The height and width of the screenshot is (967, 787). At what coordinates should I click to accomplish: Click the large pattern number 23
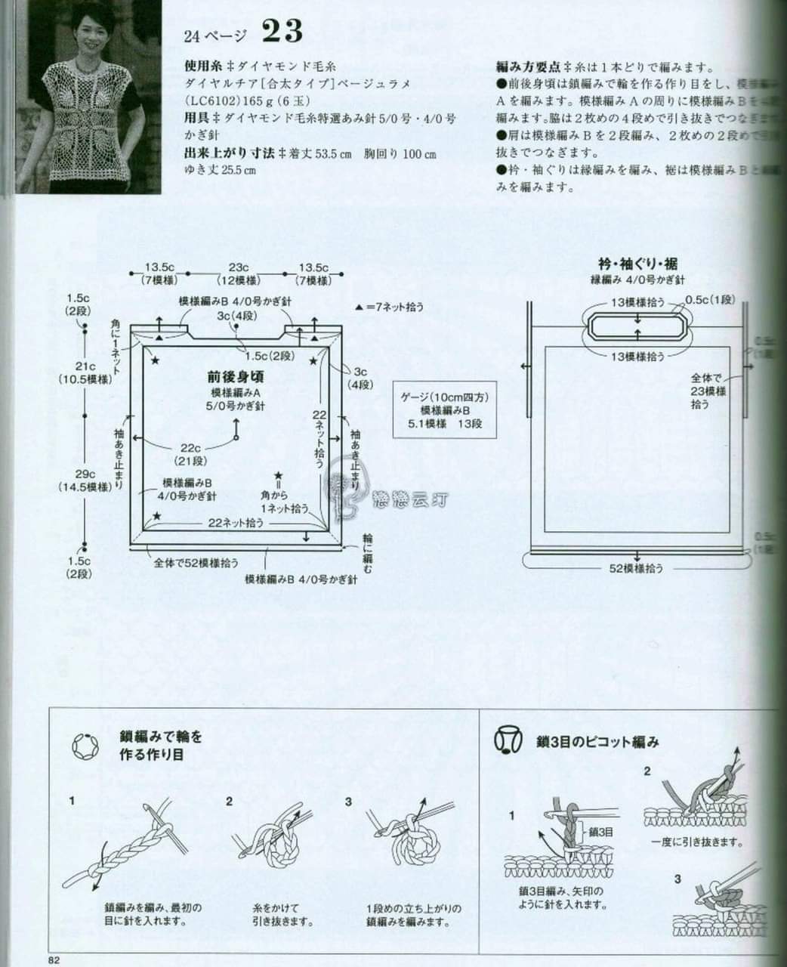[282, 32]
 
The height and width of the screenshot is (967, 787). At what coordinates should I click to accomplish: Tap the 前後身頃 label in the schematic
[236, 375]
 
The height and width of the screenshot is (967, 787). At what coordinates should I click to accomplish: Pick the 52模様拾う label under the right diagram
[636, 570]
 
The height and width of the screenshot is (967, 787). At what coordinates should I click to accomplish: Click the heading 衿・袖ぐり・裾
[637, 264]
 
